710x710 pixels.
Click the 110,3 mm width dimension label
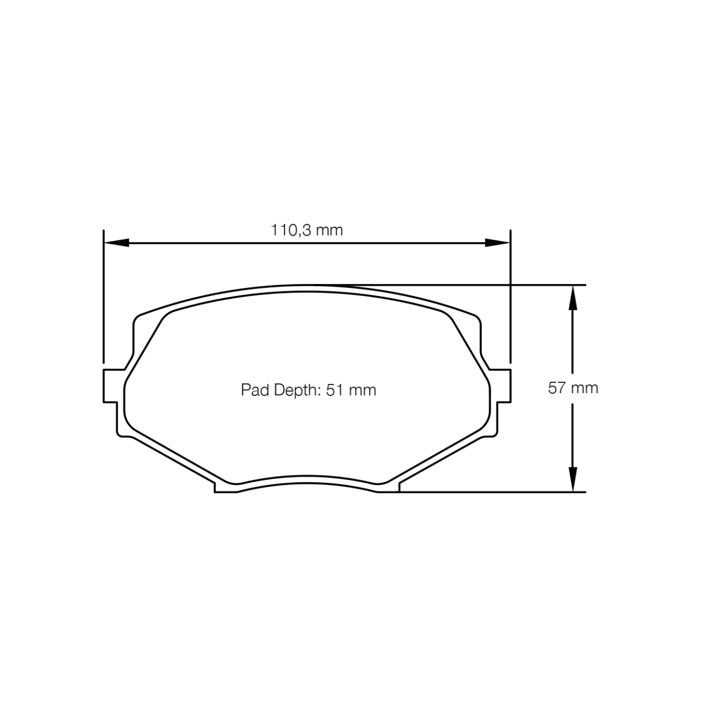tap(307, 230)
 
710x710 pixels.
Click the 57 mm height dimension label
tap(573, 388)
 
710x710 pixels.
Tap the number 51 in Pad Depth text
tap(334, 390)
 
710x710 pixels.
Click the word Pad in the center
tap(251, 390)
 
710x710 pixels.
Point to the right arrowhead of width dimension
tap(498, 242)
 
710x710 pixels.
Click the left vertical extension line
tap(104, 295)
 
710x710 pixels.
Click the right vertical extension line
tap(510, 295)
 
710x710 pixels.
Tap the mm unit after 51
tap(362, 390)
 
